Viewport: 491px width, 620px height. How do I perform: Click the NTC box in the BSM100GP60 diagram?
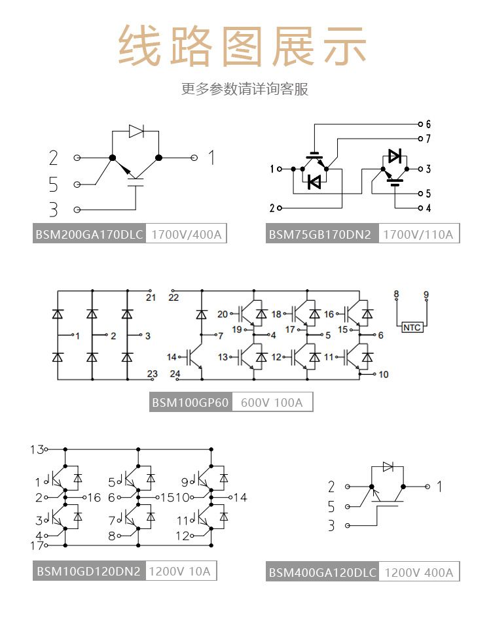(x=412, y=327)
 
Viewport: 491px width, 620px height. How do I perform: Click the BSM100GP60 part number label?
(x=191, y=402)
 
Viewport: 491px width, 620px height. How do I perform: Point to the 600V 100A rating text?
(x=272, y=402)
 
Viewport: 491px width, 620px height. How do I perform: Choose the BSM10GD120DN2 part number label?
(x=88, y=571)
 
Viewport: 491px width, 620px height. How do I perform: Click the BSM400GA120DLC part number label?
(x=323, y=573)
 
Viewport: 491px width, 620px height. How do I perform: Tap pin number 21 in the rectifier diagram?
(x=151, y=298)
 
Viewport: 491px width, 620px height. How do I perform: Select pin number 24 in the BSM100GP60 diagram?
(x=175, y=373)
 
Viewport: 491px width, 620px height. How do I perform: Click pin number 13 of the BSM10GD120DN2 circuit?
(x=37, y=449)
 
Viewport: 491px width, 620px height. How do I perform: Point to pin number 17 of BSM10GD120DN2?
(x=37, y=545)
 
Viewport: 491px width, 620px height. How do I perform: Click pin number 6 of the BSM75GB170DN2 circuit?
(x=428, y=124)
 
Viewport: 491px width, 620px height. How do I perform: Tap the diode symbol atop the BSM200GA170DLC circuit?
(x=136, y=131)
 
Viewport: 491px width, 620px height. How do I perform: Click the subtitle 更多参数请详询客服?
(x=245, y=89)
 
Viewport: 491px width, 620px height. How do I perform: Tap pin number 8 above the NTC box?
(x=396, y=295)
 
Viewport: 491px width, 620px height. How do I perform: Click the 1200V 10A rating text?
(x=180, y=571)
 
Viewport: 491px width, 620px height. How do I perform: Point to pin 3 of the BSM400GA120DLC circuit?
(x=331, y=526)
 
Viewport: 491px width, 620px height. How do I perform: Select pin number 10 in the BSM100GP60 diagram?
(x=384, y=374)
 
